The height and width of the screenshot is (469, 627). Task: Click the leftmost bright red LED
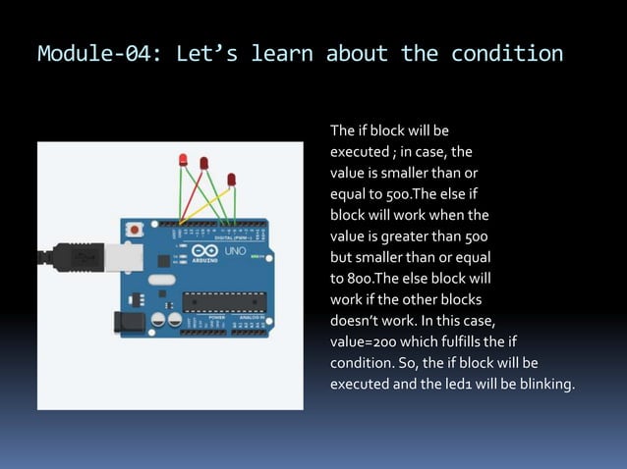183,159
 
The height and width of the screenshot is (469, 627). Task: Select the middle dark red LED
204,163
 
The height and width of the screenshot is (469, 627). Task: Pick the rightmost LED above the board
232,180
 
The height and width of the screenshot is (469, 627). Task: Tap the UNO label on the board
235,252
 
